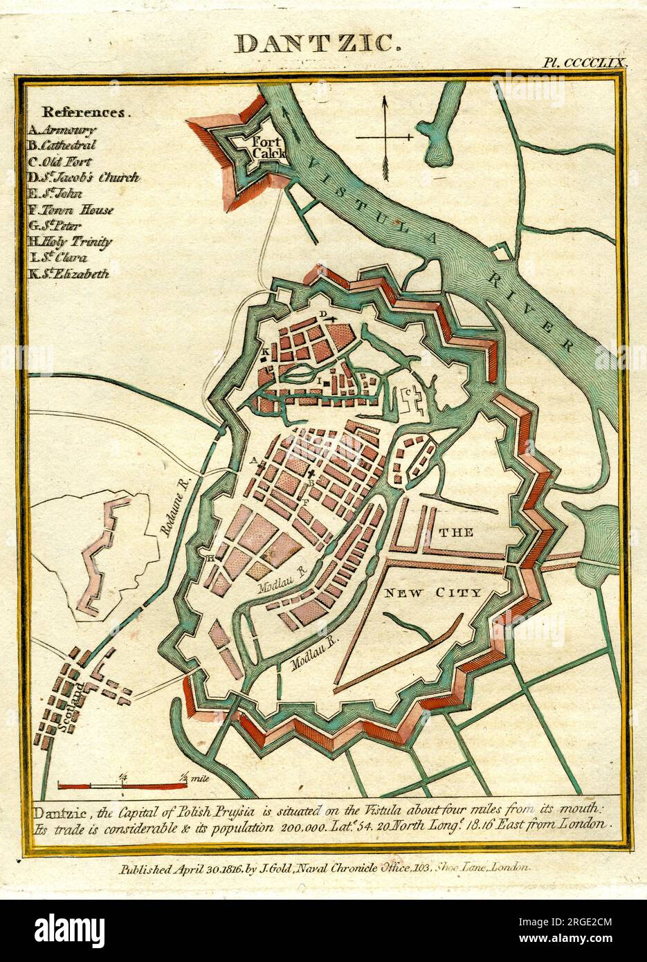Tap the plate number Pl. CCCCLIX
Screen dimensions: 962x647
585,62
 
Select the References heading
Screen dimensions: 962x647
85,112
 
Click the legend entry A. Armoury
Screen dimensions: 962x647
62,129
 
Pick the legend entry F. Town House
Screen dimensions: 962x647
70,210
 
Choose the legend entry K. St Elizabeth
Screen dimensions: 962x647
69,273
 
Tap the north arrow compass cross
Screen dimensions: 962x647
385,138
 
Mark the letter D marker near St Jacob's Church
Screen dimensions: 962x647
323,314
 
